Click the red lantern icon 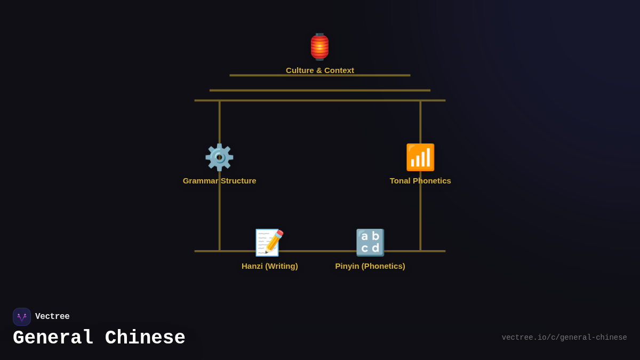[319, 47]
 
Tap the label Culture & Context [320, 70]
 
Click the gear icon [219, 157]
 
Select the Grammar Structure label [219, 181]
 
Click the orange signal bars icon [420, 157]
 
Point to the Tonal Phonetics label [420, 181]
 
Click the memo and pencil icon [269, 243]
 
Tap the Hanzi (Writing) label [269, 266]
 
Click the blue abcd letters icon [370, 243]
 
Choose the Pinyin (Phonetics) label [370, 266]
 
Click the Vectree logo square [22, 317]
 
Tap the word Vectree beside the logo [52, 317]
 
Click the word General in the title [53, 338]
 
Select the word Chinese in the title [145, 338]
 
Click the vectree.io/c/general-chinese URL [564, 338]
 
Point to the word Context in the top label [338, 70]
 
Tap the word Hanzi [252, 266]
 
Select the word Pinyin [347, 266]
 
